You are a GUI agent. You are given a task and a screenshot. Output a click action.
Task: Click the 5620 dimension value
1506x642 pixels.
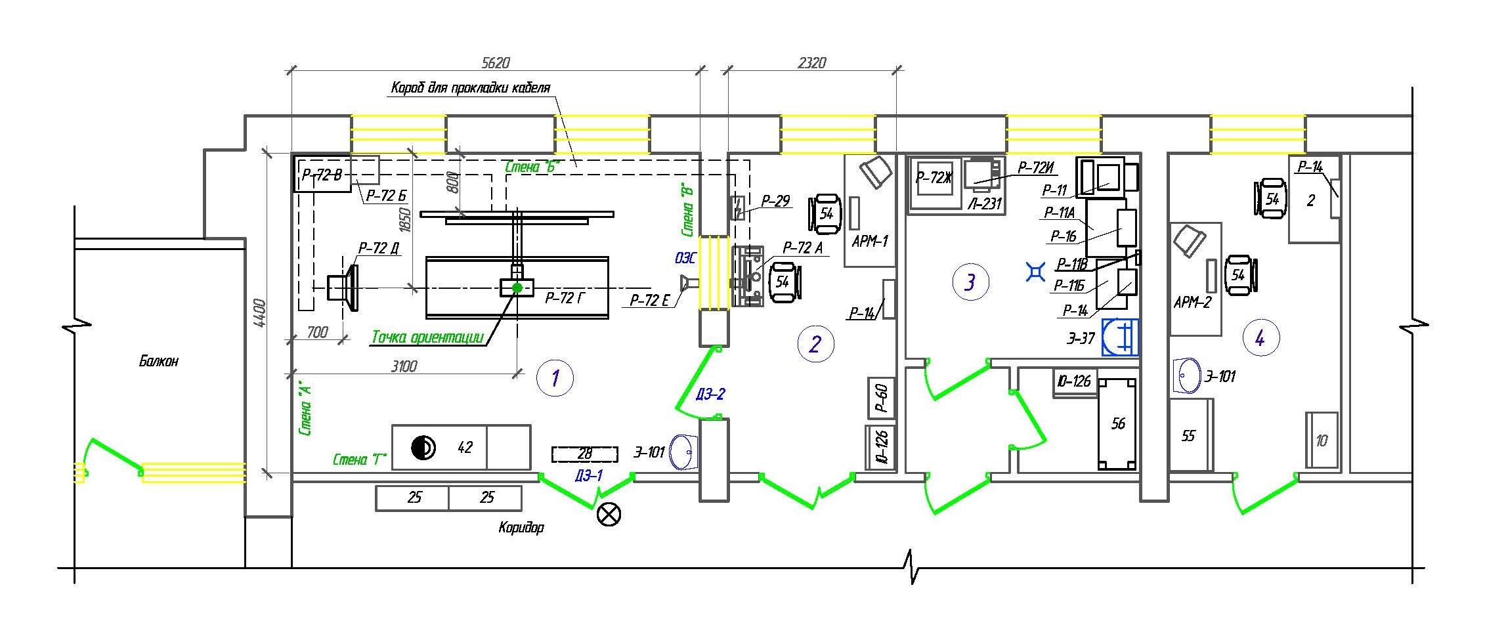point(496,63)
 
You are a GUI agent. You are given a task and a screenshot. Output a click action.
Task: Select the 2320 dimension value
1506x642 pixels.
point(811,63)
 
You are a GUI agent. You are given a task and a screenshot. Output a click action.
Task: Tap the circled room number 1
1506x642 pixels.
point(555,378)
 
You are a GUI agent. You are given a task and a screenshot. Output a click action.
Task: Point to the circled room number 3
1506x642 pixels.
point(970,282)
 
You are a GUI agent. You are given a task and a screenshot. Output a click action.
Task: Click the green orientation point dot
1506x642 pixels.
point(517,287)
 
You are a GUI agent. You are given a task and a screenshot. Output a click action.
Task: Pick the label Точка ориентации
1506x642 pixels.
point(427,337)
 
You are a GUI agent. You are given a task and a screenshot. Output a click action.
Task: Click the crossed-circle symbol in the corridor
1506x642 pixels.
point(609,515)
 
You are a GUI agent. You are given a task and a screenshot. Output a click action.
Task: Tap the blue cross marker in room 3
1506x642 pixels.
point(1036,271)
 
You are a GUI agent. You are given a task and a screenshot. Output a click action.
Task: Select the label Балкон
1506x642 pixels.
point(158,360)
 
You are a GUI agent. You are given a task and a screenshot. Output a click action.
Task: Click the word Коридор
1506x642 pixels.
point(521,527)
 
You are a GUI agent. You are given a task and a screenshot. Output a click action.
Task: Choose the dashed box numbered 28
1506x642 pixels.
point(584,454)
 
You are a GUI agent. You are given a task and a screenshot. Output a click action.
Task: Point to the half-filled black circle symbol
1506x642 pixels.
point(423,448)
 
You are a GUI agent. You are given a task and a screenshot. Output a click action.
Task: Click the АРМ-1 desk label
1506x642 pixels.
point(869,242)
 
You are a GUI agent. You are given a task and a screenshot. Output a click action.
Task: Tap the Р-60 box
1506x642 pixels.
point(882,398)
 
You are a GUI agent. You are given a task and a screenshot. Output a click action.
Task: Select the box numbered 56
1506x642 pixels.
point(1117,423)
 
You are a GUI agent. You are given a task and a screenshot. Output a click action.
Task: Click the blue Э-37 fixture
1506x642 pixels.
point(1120,337)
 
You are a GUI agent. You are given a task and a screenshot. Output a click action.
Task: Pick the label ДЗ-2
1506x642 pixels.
point(710,395)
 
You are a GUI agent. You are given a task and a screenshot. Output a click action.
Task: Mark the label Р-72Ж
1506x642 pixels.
point(934,177)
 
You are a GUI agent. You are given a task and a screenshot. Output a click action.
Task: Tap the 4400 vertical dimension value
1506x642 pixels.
point(259,314)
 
